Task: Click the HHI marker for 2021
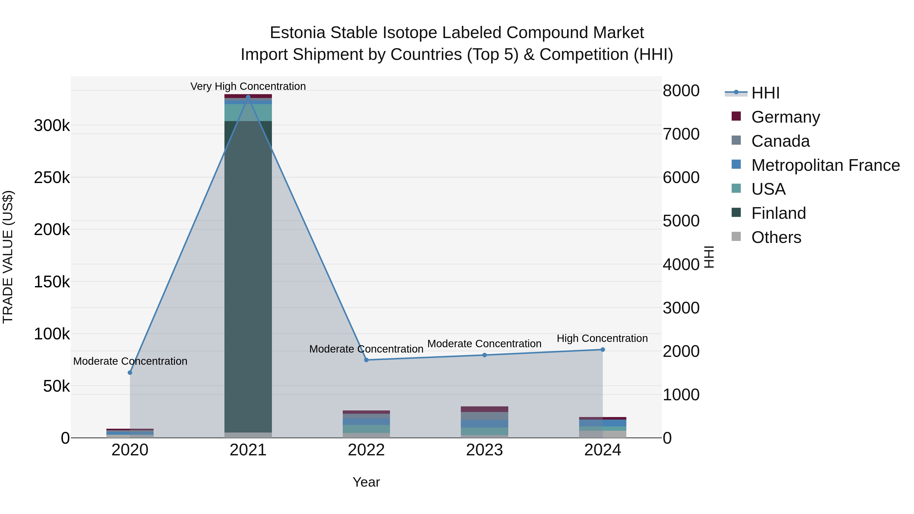click(x=248, y=97)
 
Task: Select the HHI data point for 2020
click(x=130, y=372)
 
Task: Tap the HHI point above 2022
click(x=366, y=360)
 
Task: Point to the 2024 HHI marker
click(x=602, y=350)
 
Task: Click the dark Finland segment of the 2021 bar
click(x=248, y=277)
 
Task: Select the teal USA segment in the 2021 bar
click(x=248, y=112)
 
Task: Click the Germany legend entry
click(x=785, y=117)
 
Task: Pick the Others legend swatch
click(x=736, y=237)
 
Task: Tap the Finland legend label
click(x=778, y=213)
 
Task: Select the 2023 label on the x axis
click(x=484, y=450)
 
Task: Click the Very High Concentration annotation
click(x=248, y=86)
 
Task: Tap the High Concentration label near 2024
click(x=602, y=338)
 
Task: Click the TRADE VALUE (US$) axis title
click(x=8, y=257)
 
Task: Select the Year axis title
click(x=366, y=482)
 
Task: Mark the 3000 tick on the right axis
click(x=681, y=308)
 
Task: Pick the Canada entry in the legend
click(x=780, y=141)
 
